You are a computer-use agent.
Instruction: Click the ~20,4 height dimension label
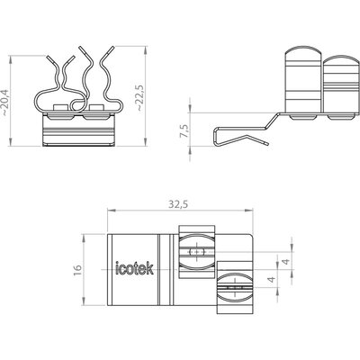pos(5,103)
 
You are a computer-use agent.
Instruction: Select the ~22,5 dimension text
pos(140,98)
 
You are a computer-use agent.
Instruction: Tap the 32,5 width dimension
pos(178,204)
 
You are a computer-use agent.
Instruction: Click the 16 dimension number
pos(77,270)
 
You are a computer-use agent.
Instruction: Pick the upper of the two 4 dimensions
pos(286,262)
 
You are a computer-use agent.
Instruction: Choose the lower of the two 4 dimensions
pos(272,280)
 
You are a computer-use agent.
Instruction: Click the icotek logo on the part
pos(135,268)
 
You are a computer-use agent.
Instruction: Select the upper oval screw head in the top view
pos(197,252)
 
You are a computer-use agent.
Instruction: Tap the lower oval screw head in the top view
pos(235,287)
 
